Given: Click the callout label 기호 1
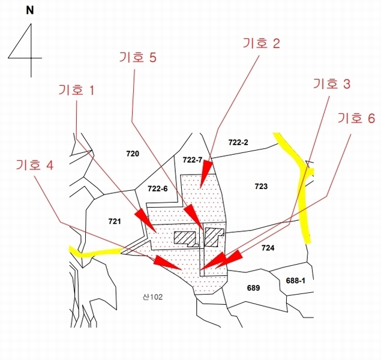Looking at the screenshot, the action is point(76,91).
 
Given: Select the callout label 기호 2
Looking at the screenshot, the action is point(261,43).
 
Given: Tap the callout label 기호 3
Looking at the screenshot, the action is point(332,84).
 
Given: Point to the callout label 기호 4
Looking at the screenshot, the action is point(35,165).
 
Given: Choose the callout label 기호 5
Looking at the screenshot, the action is point(137,58).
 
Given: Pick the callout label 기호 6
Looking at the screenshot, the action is point(356,119).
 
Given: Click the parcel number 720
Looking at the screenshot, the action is point(133,154).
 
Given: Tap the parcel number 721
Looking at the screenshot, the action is point(115,221).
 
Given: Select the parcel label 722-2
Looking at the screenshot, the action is point(238,142).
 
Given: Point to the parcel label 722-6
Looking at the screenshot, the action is point(158,188).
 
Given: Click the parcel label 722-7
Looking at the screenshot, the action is point(193,160).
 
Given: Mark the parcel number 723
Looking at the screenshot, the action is point(261,187).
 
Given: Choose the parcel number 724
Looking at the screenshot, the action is point(268,248).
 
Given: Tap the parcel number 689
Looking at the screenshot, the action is point(253,288).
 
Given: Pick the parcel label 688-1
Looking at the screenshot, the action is point(295,281).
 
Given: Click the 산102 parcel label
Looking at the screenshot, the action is point(152,297).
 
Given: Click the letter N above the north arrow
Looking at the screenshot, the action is point(30,11).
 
